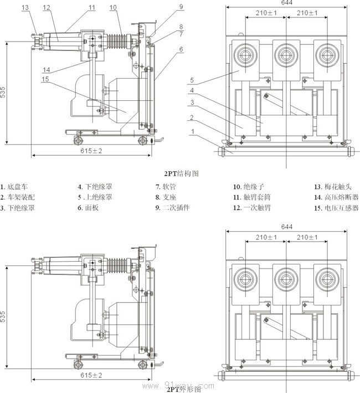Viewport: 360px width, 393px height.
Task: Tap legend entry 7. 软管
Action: point(166,187)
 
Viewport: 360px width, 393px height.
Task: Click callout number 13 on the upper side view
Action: point(25,7)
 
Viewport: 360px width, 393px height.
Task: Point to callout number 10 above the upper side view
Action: point(113,7)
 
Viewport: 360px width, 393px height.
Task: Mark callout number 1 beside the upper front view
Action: point(193,132)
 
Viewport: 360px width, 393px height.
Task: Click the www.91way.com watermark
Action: point(182,384)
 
